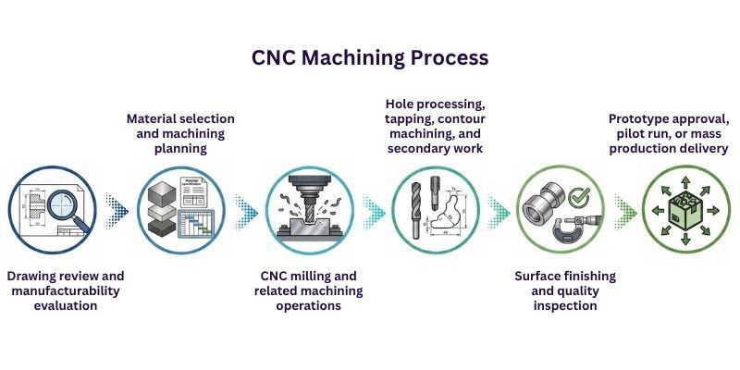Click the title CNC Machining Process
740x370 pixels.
[x=370, y=57]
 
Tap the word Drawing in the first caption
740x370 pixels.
[x=35, y=276]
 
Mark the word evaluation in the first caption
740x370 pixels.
[x=66, y=305]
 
